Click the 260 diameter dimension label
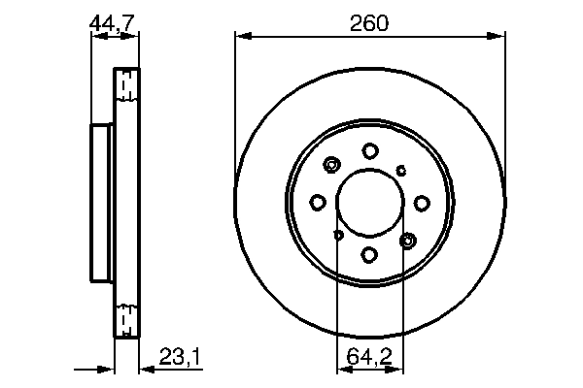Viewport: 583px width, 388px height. point(370,23)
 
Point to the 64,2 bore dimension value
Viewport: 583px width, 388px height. point(370,361)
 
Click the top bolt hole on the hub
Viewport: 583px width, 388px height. point(370,150)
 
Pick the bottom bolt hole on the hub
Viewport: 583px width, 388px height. point(370,254)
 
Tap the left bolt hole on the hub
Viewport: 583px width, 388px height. point(318,202)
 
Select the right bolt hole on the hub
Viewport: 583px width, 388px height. point(423,202)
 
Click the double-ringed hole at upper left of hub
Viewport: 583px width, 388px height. point(332,165)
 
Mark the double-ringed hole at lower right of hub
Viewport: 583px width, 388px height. point(408,240)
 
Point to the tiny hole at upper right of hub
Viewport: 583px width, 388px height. point(402,170)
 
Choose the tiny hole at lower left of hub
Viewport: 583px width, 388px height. point(338,235)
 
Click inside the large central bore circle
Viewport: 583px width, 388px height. point(370,202)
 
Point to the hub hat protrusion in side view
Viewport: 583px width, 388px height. point(102,202)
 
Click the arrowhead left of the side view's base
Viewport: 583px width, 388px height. point(107,370)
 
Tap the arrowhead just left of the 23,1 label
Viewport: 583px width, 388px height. point(144,370)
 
